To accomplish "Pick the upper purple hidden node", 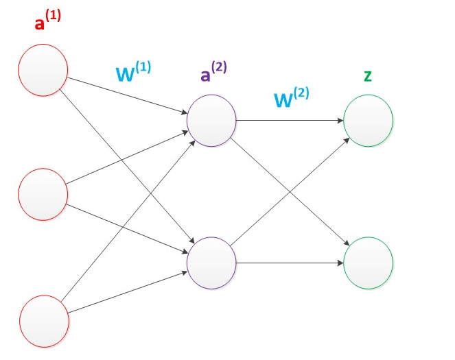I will [211, 121].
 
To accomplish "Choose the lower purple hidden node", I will [211, 262].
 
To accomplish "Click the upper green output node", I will [369, 121].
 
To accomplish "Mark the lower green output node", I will [369, 262].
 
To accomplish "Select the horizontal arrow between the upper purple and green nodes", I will [288, 121].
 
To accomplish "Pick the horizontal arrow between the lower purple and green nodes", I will [288, 262].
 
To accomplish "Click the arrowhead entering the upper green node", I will [340, 121].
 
